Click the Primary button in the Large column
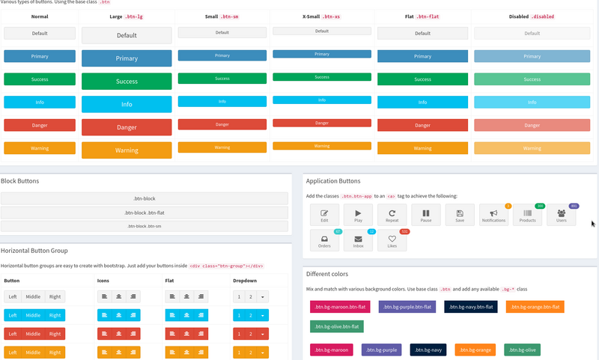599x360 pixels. click(127, 58)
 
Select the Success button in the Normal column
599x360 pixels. click(40, 79)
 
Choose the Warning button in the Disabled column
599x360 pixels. click(532, 148)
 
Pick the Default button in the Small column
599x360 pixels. click(222, 32)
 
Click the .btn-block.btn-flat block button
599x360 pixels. click(145, 213)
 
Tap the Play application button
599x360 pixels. click(358, 216)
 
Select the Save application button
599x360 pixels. click(460, 216)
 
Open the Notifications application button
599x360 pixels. click(493, 216)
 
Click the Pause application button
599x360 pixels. click(426, 216)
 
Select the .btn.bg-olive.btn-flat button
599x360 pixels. click(335, 326)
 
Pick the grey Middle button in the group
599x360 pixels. click(33, 296)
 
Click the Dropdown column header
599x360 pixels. click(244, 280)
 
